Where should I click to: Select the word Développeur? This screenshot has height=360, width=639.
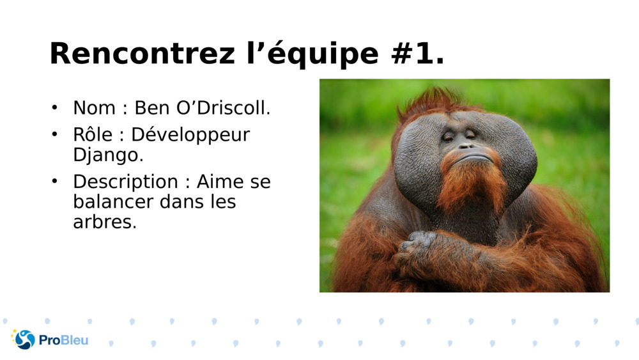pyautogui.click(x=190, y=136)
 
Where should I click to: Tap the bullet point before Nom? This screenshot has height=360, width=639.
pyautogui.click(x=55, y=107)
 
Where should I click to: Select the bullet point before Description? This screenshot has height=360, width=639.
pyautogui.click(x=55, y=182)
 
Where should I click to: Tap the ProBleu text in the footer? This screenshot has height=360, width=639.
pyautogui.click(x=63, y=340)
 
